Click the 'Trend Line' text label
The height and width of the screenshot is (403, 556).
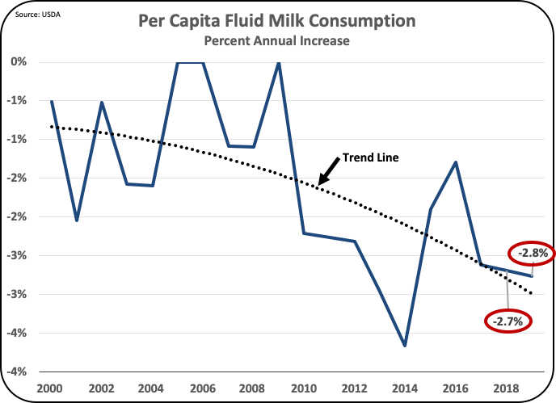(369, 157)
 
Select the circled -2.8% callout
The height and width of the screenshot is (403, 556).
(529, 253)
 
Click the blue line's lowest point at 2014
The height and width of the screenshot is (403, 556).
(405, 346)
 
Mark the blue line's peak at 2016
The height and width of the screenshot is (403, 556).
(457, 162)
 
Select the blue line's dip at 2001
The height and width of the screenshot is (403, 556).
(76, 220)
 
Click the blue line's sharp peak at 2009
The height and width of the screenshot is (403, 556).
(279, 63)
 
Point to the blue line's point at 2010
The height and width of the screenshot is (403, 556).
(304, 233)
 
